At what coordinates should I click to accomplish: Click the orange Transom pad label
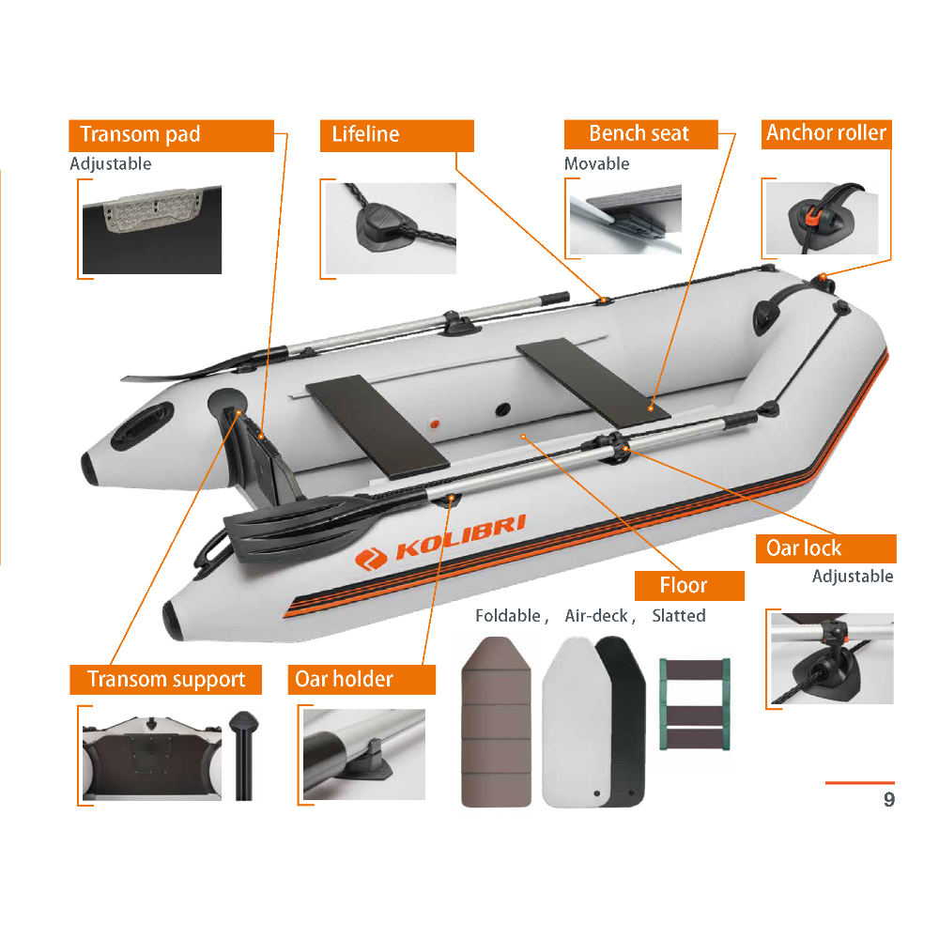171,135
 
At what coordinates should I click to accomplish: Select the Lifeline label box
396,135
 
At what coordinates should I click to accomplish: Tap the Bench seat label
640,134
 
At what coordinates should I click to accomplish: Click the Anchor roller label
826,134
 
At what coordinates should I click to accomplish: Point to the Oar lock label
825,548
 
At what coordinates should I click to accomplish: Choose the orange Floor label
689,586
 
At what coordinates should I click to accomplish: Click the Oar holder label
362,680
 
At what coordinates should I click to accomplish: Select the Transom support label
166,680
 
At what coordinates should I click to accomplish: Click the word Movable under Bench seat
596,163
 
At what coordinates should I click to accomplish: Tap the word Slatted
679,616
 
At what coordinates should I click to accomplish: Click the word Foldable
508,616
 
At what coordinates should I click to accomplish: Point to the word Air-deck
596,616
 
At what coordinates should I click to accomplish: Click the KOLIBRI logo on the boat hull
440,542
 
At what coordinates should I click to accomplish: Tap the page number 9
889,799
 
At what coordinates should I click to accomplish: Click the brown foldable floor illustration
497,721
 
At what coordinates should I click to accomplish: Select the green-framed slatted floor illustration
695,704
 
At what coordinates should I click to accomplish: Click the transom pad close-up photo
152,230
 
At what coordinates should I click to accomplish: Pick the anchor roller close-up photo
823,219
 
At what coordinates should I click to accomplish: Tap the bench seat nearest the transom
377,427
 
